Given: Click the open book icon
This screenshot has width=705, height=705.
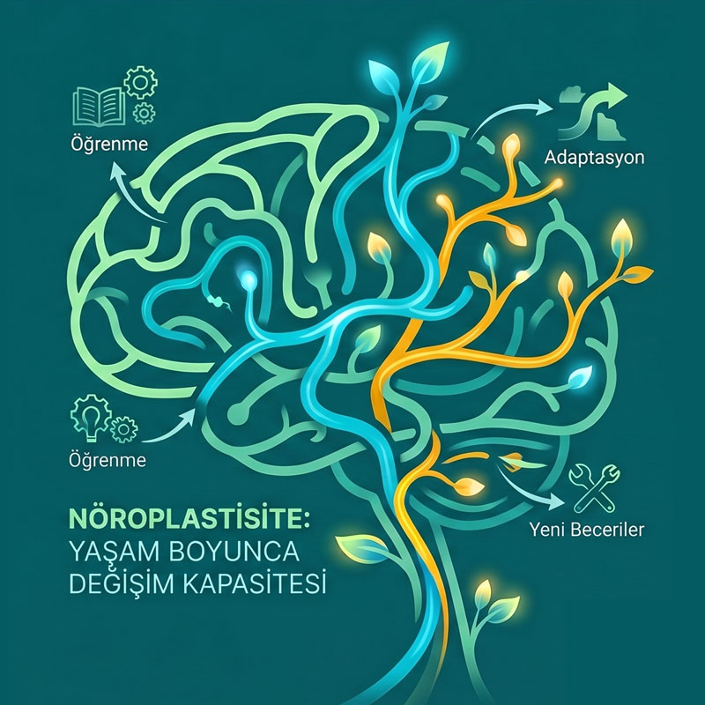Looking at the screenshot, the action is pos(99,107).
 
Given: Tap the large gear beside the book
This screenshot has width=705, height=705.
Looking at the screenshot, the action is pos(140,82).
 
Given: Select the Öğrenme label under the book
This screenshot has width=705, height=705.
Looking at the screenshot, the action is pos(109,145).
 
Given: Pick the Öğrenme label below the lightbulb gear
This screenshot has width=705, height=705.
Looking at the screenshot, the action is pos(108,460).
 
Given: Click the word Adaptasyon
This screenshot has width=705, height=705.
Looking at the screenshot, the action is pos(594,158).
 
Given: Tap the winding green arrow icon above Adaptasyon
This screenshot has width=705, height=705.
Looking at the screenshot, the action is pos(593,110).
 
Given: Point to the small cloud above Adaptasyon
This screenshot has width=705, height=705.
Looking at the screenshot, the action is pos(572,94).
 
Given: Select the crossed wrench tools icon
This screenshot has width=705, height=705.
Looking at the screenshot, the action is pos(594,489).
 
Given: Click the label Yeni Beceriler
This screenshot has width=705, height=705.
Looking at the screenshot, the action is pos(587,530).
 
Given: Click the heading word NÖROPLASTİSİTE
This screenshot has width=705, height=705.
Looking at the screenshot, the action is pos(189,518).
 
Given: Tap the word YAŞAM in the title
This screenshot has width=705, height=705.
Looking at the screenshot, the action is pos(115,552).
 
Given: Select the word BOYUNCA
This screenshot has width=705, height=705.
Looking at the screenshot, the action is pos(234,552).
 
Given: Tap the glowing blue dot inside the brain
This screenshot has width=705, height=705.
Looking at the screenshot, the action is pos(249,281).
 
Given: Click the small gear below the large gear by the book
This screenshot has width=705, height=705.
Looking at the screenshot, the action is pos(144,114).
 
